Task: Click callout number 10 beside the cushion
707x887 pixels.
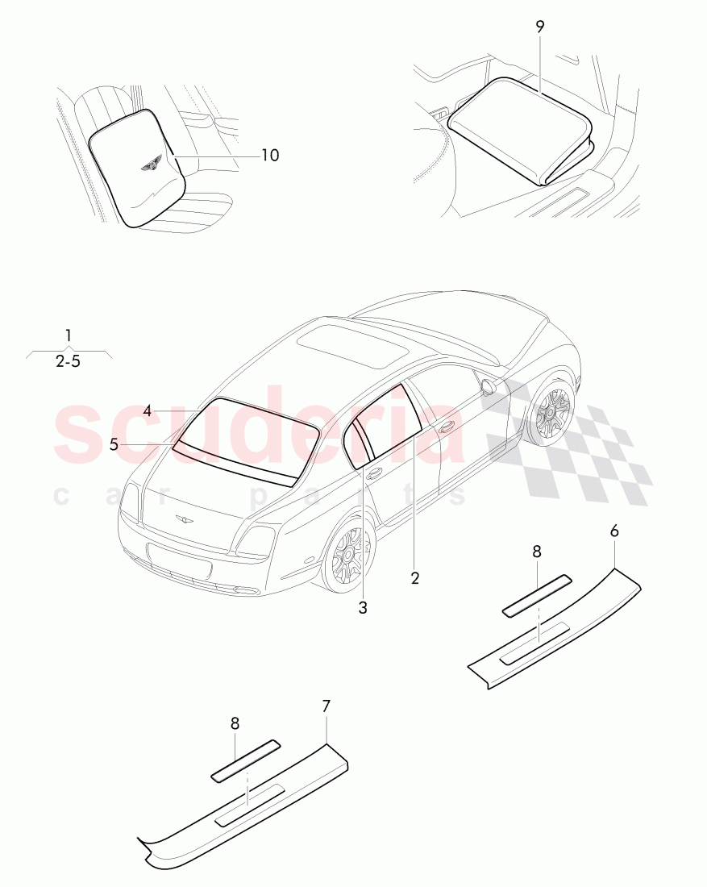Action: click(x=270, y=155)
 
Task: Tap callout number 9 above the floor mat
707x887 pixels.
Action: click(x=539, y=27)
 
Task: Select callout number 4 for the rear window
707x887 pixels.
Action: click(x=148, y=411)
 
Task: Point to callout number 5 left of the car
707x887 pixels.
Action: click(x=114, y=444)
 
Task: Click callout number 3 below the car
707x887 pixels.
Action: click(x=363, y=608)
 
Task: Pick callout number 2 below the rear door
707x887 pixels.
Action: click(x=415, y=577)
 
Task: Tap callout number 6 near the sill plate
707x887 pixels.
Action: click(x=614, y=531)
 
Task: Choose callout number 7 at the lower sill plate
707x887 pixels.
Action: click(x=326, y=706)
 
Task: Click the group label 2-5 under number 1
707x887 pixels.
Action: click(x=69, y=362)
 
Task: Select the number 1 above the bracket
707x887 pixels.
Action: click(x=69, y=335)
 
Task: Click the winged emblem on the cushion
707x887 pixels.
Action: click(x=150, y=166)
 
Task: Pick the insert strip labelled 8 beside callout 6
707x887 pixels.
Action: click(x=536, y=596)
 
